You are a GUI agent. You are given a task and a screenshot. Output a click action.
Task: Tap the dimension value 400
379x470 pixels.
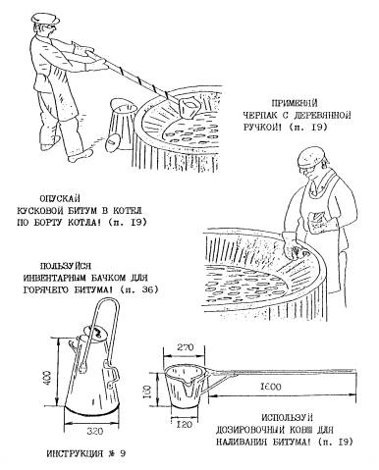tap(47, 378)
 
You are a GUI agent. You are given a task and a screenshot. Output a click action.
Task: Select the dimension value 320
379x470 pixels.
tap(95, 431)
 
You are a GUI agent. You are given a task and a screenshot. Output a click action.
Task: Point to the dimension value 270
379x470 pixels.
tap(186, 347)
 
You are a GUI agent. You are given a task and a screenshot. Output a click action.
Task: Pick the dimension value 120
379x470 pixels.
tap(183, 424)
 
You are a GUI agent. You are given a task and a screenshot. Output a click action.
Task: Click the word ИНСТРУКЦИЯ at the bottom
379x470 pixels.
tap(74, 454)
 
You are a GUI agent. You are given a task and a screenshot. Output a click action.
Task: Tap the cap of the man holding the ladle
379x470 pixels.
tap(47, 19)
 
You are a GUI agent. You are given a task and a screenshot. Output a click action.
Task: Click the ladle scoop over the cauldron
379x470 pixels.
tap(189, 107)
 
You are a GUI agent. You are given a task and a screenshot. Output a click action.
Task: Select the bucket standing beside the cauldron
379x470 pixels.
tap(121, 124)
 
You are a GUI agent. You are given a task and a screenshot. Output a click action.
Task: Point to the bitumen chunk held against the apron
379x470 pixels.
tap(317, 222)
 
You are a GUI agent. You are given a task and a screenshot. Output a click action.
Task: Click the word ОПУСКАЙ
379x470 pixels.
tap(60, 198)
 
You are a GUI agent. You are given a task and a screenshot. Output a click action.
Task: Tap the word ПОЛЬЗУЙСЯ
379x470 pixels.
tap(66, 266)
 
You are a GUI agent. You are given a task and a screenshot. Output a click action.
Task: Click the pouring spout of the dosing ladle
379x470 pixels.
tap(189, 386)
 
